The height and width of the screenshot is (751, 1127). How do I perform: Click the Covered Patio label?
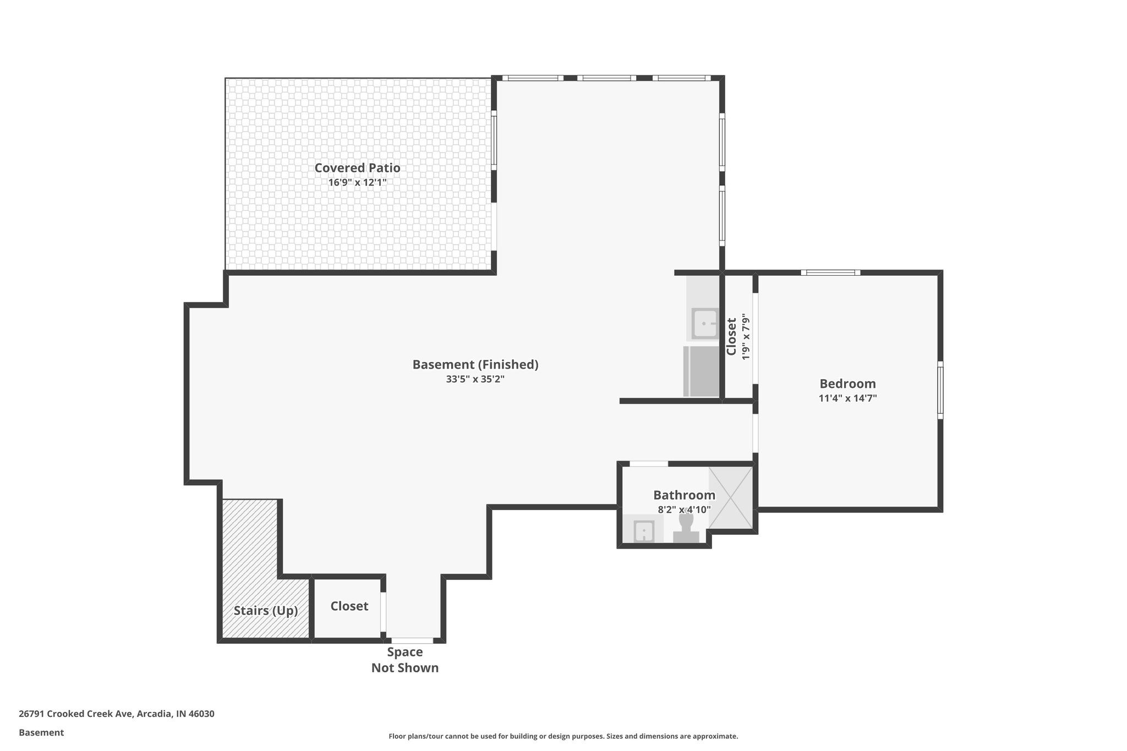357,168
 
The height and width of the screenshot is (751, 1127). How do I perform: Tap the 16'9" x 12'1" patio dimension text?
357,183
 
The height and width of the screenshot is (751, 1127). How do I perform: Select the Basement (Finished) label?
475,365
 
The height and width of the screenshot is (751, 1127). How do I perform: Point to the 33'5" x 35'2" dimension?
475,379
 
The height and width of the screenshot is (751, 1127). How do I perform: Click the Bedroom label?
847,384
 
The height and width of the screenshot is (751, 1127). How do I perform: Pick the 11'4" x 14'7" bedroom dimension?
847,398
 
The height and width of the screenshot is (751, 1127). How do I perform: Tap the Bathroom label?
684,495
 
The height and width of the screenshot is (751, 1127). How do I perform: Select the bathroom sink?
643,531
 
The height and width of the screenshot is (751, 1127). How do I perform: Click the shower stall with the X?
730,498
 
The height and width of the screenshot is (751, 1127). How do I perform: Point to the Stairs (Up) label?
266,611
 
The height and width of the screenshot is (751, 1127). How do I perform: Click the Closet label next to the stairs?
349,606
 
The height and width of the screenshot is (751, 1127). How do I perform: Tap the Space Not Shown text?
405,660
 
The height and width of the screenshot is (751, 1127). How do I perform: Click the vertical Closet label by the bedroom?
731,337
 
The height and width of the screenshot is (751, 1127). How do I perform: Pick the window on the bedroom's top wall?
830,272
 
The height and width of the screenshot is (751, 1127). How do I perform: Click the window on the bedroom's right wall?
940,390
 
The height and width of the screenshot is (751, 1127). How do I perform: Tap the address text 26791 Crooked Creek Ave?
117,714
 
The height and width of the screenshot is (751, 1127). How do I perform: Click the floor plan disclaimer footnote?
563,736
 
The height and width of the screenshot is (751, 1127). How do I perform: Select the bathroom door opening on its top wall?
648,464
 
